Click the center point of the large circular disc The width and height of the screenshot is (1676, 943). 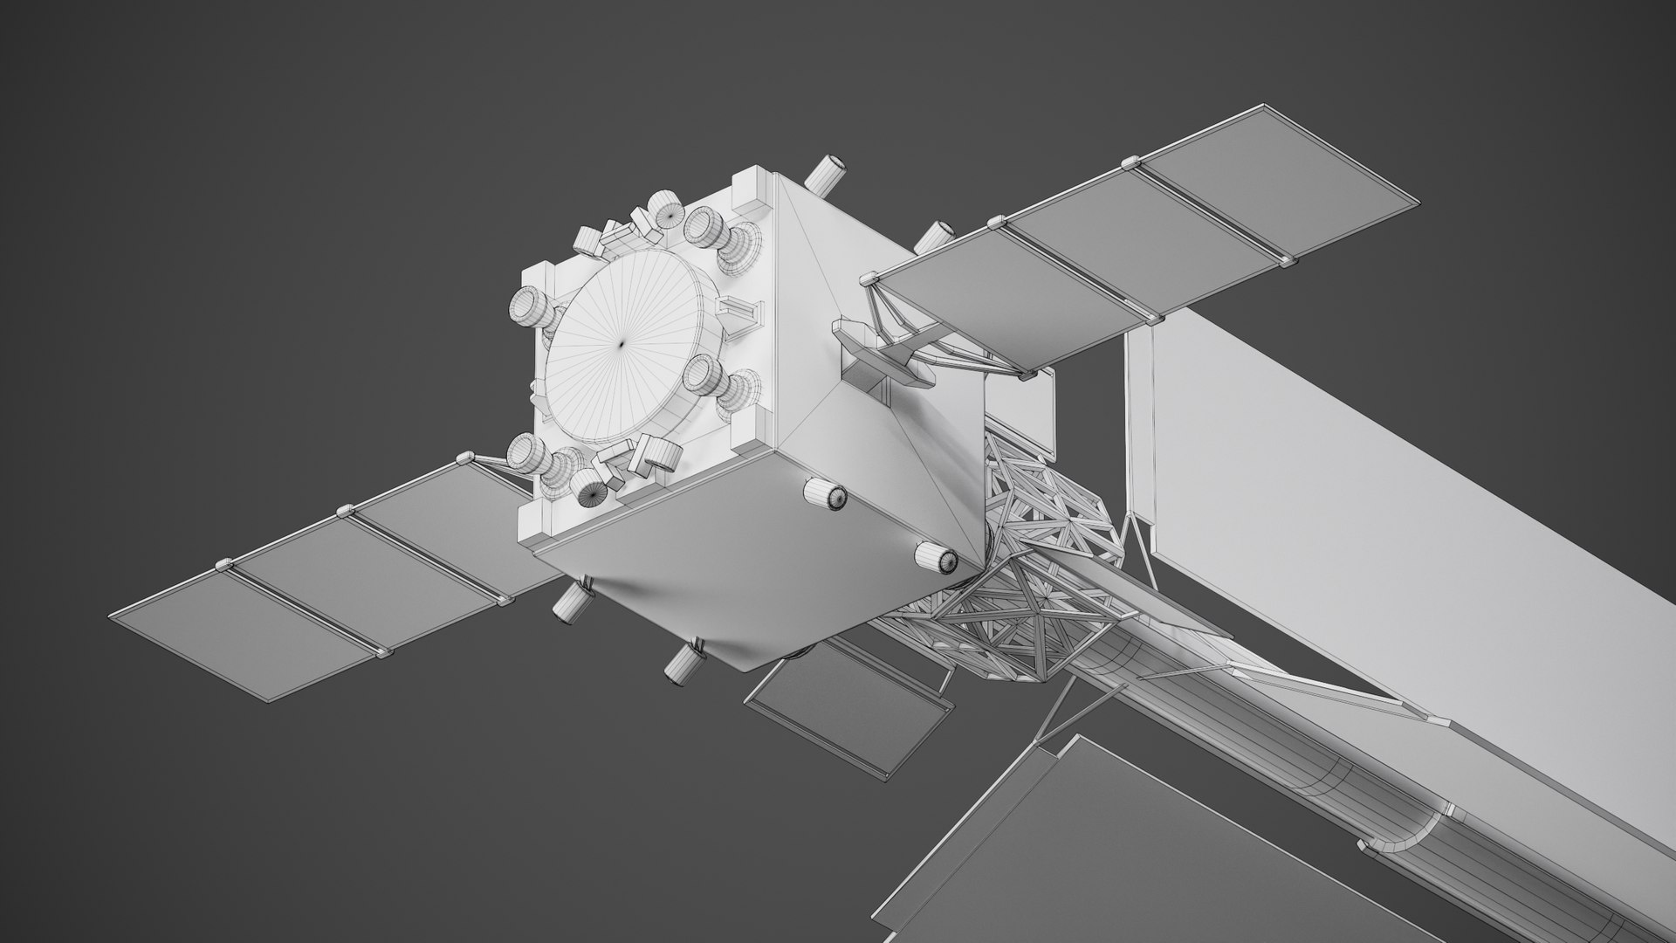622,344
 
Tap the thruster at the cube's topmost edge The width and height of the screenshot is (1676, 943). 825,174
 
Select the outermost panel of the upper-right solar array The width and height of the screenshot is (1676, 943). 1279,195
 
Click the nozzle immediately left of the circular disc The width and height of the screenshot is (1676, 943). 530,306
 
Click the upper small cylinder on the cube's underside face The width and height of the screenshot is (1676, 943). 825,495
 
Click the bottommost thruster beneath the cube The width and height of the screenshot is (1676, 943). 683,661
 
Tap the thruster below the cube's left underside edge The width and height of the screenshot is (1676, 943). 572,602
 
